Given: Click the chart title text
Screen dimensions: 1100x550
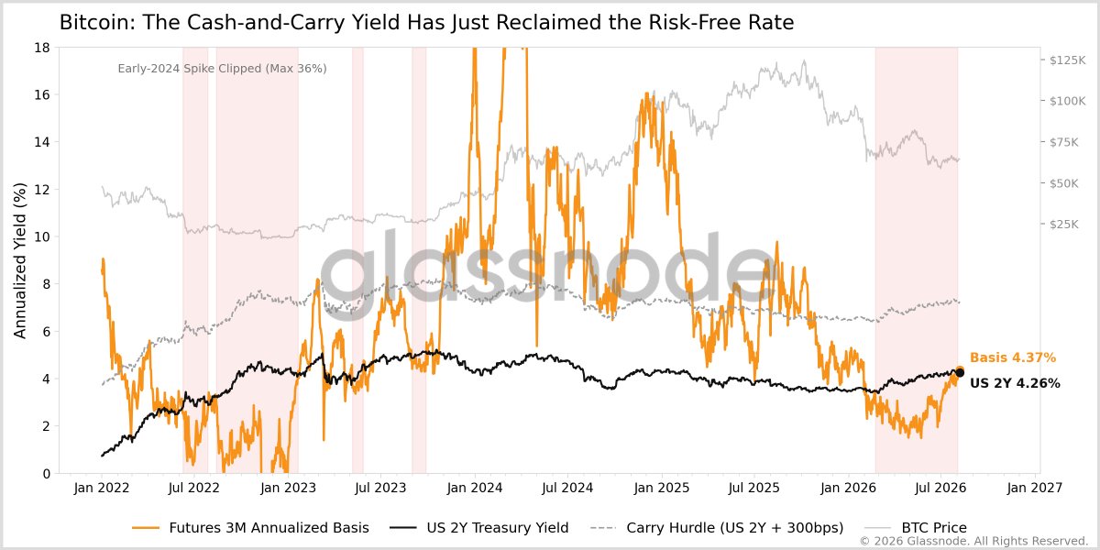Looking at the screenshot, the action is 426,23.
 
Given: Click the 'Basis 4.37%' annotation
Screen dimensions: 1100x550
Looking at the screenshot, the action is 1013,357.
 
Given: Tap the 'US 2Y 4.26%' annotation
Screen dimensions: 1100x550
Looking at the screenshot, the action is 1015,383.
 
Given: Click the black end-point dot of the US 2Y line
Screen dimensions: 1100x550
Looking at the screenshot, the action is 960,373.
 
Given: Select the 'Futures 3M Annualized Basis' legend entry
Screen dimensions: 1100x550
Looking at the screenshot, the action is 250,527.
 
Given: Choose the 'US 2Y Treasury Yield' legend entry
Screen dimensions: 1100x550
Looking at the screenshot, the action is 478,527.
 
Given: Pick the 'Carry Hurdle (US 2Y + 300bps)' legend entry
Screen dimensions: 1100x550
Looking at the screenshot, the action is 717,527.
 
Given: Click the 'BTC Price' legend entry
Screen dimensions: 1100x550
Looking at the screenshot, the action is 916,527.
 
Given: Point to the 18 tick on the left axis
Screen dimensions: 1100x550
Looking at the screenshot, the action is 42,48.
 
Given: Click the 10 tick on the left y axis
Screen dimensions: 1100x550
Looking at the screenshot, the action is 42,236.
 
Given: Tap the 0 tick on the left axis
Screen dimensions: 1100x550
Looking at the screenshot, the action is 47,474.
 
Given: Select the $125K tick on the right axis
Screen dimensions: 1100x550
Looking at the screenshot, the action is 1067,60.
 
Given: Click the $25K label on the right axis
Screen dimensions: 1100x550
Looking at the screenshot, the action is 1064,225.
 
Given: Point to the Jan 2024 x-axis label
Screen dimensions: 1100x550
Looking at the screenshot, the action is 475,488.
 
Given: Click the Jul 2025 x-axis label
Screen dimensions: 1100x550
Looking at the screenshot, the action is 754,488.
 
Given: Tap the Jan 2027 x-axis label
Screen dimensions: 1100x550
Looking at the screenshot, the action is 1035,488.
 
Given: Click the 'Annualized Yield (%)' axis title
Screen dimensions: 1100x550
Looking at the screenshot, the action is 19,260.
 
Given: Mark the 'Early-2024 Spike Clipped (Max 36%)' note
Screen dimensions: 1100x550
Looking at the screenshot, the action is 222,68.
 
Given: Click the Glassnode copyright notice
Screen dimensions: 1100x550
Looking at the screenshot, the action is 973,541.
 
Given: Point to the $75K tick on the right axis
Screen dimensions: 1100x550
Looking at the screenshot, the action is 1064,142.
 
